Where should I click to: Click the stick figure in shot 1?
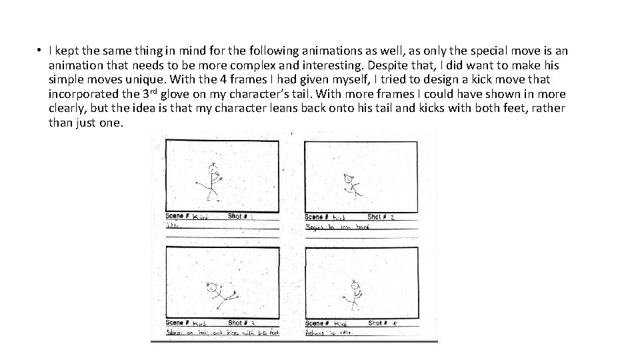(212, 181)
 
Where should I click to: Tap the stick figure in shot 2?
(349, 185)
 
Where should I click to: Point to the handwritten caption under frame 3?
(223, 333)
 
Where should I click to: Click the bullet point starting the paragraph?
(40, 51)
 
